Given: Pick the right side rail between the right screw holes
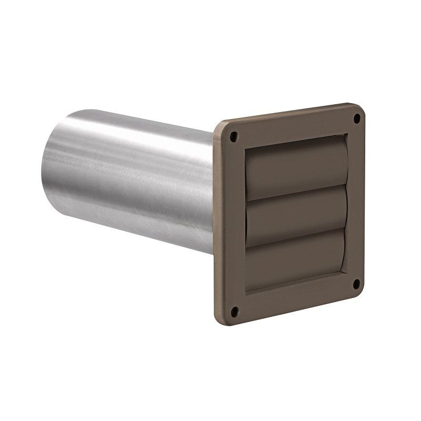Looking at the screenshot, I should coord(358,200).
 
